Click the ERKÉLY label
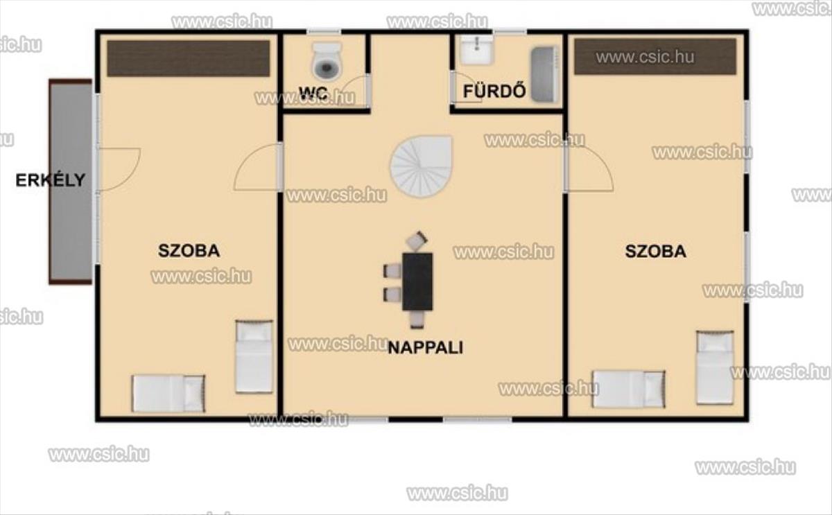point(51,180)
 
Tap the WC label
point(313,93)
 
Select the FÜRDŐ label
point(494,91)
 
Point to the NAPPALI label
point(426,348)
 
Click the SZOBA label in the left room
point(189,251)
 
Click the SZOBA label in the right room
point(656,252)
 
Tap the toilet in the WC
point(326,61)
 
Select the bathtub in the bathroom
point(545,74)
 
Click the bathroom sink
point(477,51)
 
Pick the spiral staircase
point(422,166)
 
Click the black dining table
point(417,281)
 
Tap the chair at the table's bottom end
point(417,320)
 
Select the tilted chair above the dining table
point(417,240)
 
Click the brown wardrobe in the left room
point(189,58)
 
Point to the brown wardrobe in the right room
point(655,56)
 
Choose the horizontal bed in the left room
point(168,394)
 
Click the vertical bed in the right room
point(715,367)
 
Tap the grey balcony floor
point(71,182)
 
